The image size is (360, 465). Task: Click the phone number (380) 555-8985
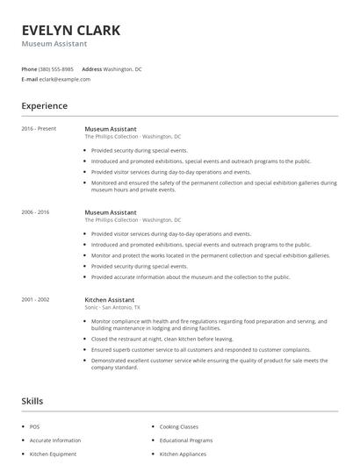pyautogui.click(x=57, y=68)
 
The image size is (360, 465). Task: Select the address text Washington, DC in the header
pyautogui.click(x=123, y=68)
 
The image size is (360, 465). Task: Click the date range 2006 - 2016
pyautogui.click(x=36, y=212)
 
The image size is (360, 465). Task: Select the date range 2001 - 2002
pyautogui.click(x=36, y=299)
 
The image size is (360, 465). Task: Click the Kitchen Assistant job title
pyautogui.click(x=110, y=299)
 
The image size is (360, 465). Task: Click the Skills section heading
pyautogui.click(x=32, y=401)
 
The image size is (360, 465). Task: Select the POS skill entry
pyautogui.click(x=34, y=426)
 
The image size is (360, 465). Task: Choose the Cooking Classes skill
pyautogui.click(x=180, y=426)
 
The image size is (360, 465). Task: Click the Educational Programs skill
pyautogui.click(x=186, y=440)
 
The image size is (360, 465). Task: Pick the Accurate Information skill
pyautogui.click(x=55, y=440)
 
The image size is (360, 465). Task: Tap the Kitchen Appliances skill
pyautogui.click(x=184, y=454)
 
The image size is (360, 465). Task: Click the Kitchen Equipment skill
pyautogui.click(x=52, y=454)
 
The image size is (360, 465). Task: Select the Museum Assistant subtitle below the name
pyautogui.click(x=54, y=44)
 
